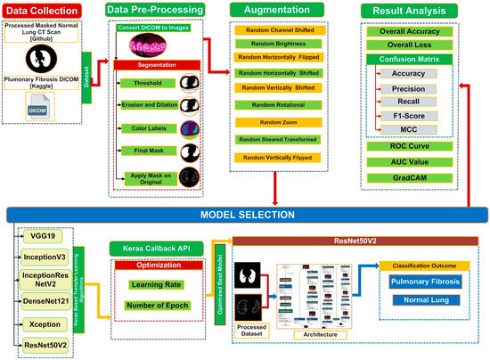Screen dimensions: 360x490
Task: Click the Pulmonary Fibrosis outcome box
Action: click(x=424, y=282)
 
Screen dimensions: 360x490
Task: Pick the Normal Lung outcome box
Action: click(x=424, y=300)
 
